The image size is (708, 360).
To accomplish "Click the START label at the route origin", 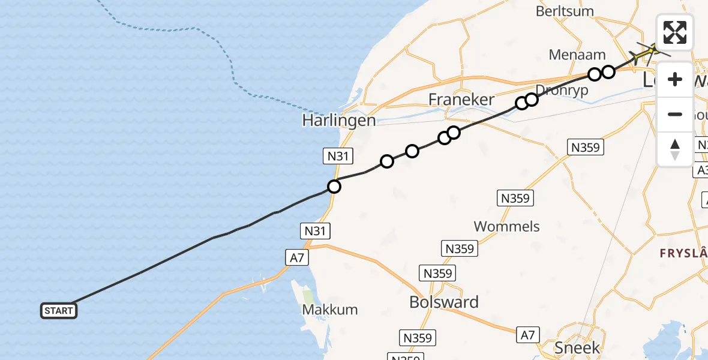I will click(x=59, y=310).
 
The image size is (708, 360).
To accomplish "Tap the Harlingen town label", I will click(x=338, y=120).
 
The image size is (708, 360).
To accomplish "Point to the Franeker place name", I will click(x=461, y=100).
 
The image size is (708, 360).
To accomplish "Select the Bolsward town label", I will click(x=443, y=302).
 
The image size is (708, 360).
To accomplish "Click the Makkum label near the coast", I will click(x=330, y=310).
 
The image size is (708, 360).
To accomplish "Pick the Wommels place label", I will click(x=506, y=226).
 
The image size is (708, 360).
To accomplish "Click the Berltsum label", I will click(x=565, y=11).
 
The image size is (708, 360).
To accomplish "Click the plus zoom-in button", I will click(x=675, y=79).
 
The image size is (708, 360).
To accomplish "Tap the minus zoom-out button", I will click(x=675, y=114).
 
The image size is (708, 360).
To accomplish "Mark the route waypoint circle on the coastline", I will click(x=334, y=187).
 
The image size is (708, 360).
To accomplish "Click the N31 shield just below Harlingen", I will click(x=338, y=157).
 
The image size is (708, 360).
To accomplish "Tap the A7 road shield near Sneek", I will click(x=530, y=334).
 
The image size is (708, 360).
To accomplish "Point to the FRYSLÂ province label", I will click(x=683, y=253).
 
